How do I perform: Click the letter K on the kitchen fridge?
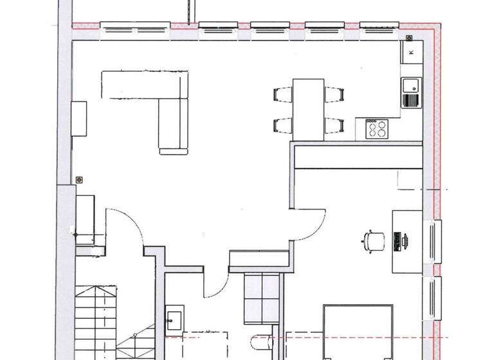[410, 51]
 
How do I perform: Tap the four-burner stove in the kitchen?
[376, 129]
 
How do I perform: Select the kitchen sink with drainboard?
[410, 93]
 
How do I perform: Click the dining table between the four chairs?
[308, 107]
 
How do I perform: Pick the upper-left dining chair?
[283, 94]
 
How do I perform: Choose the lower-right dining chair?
[333, 125]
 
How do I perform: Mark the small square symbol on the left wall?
[80, 180]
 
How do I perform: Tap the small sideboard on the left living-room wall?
[79, 119]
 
